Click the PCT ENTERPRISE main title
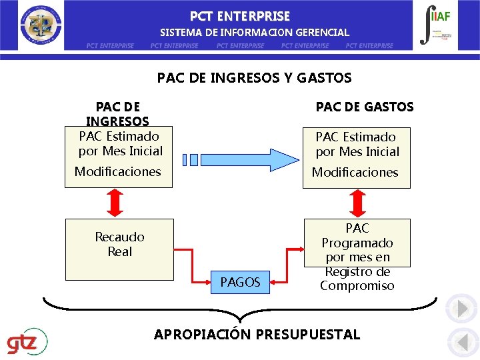point(240,16)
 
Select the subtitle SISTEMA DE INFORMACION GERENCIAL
point(254,32)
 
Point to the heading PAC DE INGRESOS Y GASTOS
point(254,78)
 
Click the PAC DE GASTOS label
point(364,107)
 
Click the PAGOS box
point(240,283)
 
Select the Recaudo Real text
point(120,244)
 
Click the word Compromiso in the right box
point(357,286)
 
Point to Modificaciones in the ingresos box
point(118,171)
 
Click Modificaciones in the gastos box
point(355,172)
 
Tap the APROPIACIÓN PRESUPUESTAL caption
point(257,335)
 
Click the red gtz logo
point(27,343)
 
